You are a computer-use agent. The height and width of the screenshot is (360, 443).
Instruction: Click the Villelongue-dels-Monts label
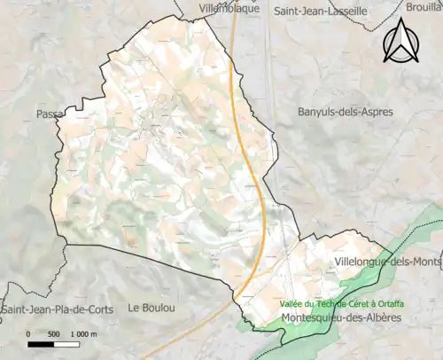pos(388,262)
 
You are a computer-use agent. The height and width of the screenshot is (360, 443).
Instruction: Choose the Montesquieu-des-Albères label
pos(341,317)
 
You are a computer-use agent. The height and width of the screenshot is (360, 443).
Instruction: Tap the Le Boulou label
pos(151,308)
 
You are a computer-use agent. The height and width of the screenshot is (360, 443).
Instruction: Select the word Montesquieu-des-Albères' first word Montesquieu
pos(311,317)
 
